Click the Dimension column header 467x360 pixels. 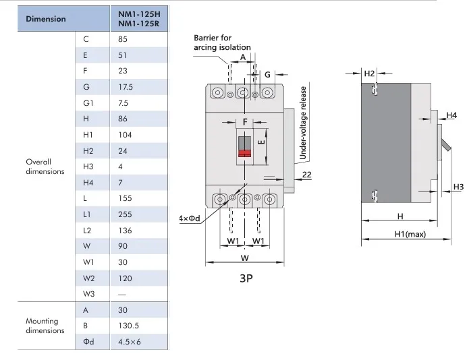pos(46,18)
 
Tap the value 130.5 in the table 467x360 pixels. pos(129,325)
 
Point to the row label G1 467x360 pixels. pos(88,104)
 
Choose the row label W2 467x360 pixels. pos(88,278)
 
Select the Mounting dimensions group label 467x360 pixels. pos(45,326)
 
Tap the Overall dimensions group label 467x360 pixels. pos(45,167)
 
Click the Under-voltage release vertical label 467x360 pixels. pos(303,123)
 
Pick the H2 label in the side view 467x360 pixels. pos(369,73)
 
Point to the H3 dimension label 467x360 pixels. pos(458,186)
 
